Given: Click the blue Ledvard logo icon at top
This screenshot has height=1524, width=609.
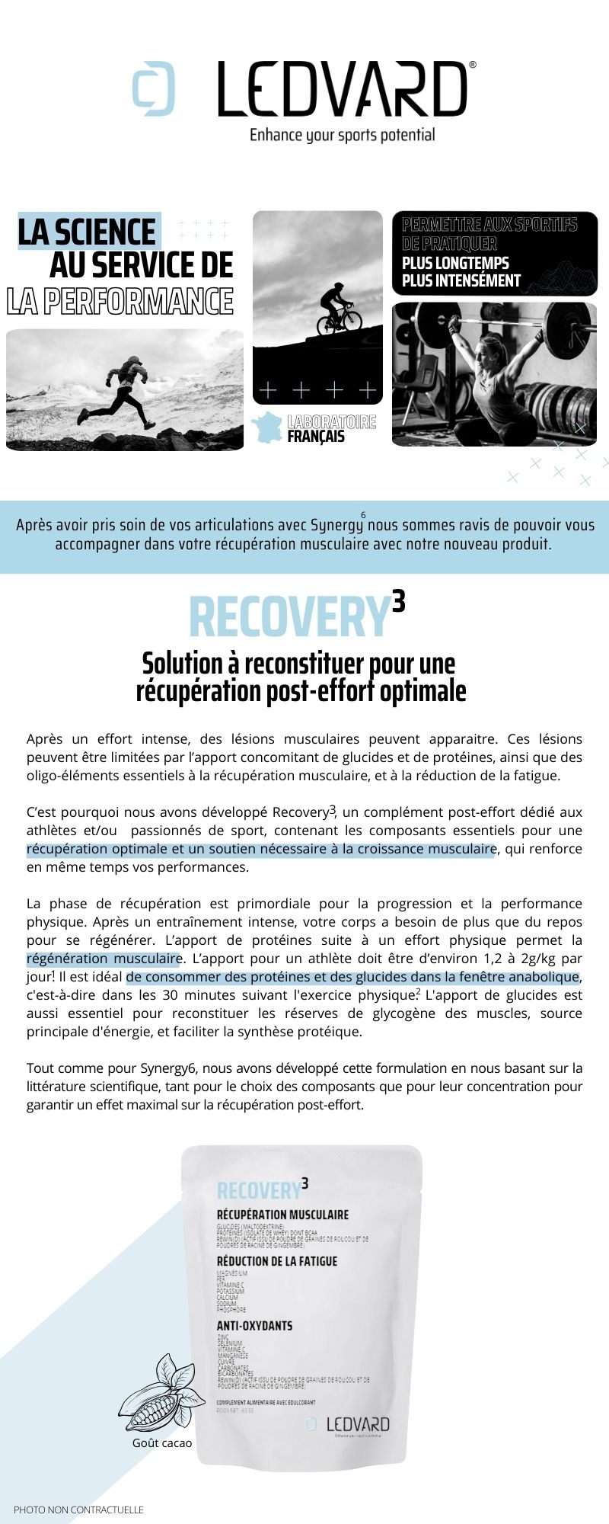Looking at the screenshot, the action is point(154,88).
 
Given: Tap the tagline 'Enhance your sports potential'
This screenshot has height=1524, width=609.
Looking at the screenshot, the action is point(342,136).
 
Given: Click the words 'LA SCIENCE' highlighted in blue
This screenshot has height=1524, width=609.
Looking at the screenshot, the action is point(87,232).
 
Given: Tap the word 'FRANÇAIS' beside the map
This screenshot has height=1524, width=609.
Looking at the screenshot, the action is point(316,437).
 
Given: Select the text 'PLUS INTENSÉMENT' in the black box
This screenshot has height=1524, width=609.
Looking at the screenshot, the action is point(461,280).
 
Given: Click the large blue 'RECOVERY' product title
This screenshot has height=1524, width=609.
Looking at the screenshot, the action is point(289,617).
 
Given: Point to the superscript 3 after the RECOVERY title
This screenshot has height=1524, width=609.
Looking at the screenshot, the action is point(398,602).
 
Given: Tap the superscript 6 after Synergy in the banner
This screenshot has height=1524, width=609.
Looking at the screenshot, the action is point(363,515).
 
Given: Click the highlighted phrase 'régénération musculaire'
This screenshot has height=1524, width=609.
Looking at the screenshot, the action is point(104,959).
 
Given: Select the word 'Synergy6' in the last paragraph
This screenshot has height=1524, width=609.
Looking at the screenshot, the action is point(171,1068).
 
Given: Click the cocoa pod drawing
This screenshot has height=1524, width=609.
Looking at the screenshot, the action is point(158,1394).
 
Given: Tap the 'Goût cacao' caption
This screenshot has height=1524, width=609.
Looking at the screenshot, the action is point(162,1442).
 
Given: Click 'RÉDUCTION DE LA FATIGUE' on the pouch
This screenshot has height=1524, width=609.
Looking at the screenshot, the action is point(277,1261).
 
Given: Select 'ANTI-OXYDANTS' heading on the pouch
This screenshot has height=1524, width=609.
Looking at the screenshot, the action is point(254,1326).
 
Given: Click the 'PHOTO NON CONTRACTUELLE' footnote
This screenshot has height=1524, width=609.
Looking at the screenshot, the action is point(78,1509).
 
